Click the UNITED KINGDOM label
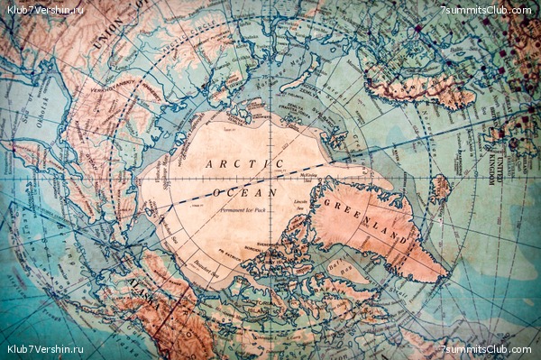tap(492, 162)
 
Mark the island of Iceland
tap(439, 188)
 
